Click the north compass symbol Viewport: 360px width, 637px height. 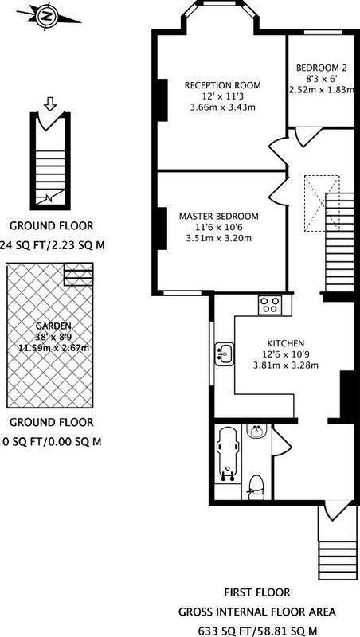pos(48,17)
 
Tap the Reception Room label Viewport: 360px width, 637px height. pos(223,85)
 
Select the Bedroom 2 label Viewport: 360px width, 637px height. pos(318,68)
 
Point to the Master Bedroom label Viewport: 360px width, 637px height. pos(218,216)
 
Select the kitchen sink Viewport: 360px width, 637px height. pos(225,354)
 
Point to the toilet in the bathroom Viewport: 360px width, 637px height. pos(256,487)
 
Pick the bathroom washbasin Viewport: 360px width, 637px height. pos(256,431)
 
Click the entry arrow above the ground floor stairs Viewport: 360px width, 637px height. pos(50,104)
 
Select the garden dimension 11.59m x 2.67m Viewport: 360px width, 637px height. pos(53,348)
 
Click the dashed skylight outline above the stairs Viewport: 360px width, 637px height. pos(322,203)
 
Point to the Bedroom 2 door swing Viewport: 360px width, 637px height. pos(308,137)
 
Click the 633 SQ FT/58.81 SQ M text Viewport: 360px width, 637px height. pos(257,631)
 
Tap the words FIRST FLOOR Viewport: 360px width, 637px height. pos(257,592)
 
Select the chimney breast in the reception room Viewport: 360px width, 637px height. pos(162,100)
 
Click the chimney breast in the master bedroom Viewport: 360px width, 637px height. pos(162,229)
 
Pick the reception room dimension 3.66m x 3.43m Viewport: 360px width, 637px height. pos(223,107)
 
